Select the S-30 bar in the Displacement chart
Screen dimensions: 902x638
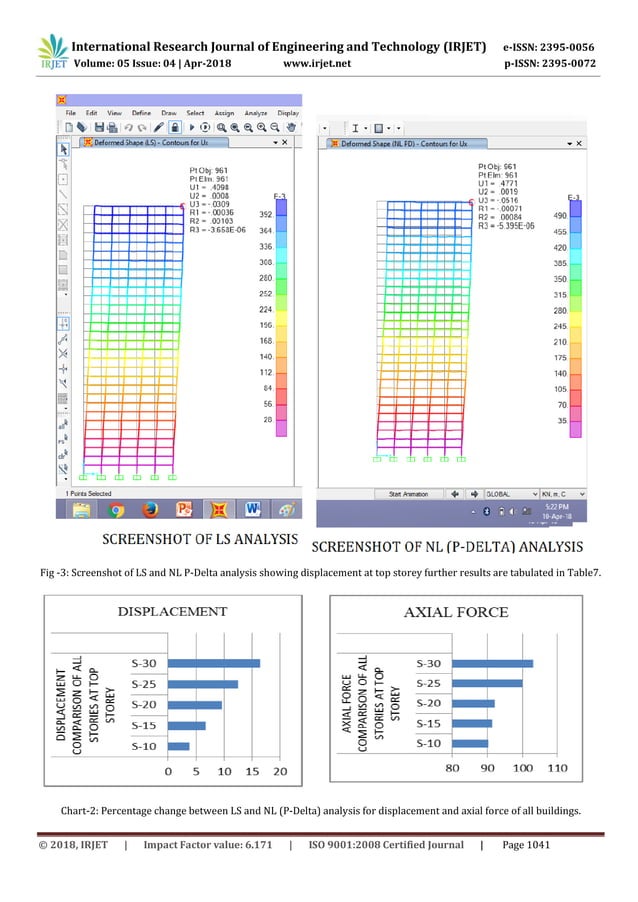213,662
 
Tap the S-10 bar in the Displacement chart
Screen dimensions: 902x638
178,746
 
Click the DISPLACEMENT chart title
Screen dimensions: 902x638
175,611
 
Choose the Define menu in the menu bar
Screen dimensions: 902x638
141,113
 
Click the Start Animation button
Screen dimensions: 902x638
407,493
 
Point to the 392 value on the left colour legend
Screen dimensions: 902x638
266,215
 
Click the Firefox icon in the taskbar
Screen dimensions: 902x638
150,510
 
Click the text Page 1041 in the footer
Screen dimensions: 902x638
523,845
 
